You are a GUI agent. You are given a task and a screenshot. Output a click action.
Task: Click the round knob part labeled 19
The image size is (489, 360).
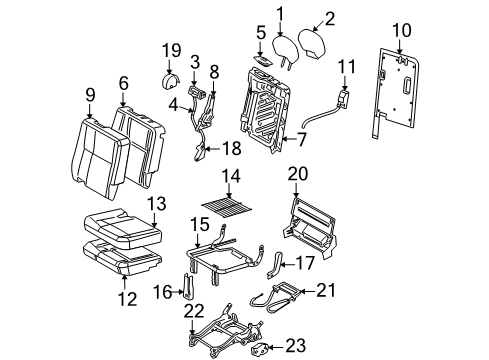169,78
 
